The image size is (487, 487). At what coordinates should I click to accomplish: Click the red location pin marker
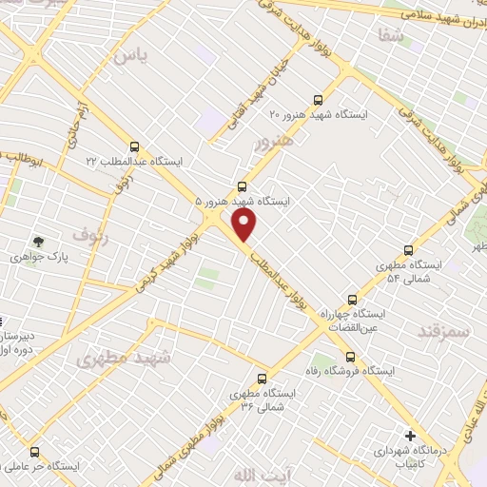[244, 224]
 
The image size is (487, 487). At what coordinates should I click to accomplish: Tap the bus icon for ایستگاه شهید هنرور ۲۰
[318, 97]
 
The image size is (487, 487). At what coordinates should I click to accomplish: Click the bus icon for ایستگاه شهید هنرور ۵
[243, 185]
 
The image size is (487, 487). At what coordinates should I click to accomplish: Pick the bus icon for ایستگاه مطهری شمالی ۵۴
[408, 249]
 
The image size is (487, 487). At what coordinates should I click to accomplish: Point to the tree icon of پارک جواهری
[38, 242]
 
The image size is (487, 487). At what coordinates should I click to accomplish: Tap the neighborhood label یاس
[131, 56]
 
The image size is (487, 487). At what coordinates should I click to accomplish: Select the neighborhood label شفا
[416, 35]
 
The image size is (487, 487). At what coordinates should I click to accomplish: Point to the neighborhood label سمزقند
[443, 330]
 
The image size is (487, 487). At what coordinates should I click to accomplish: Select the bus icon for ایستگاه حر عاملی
[35, 452]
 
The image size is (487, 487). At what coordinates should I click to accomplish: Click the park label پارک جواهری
[30, 258]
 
